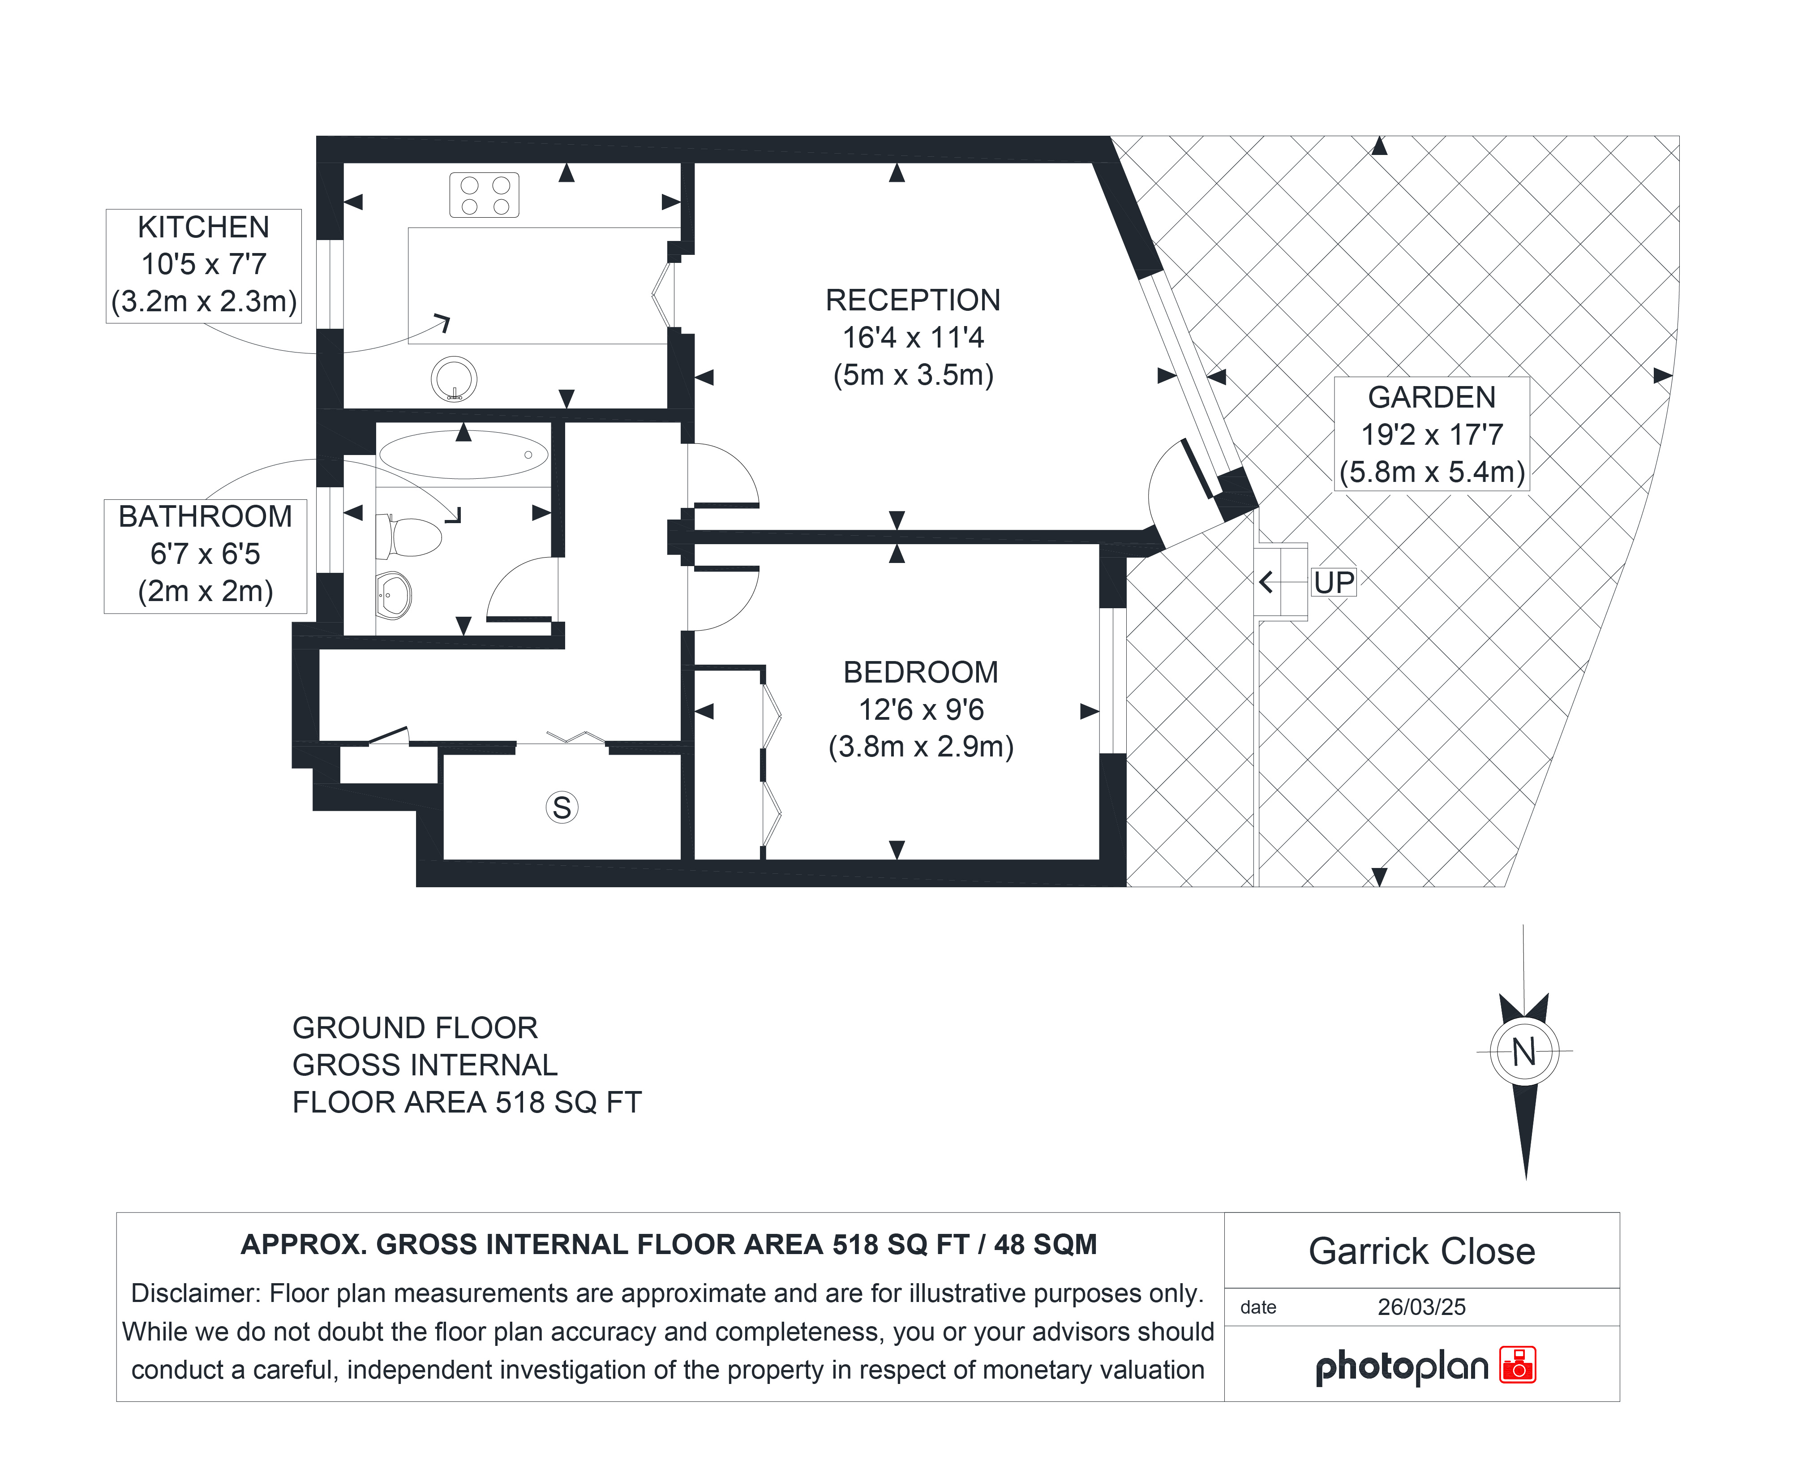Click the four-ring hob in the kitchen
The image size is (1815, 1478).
(x=485, y=195)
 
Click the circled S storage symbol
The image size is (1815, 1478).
(x=562, y=807)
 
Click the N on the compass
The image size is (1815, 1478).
(x=1524, y=1053)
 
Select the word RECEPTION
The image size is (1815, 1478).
(x=913, y=301)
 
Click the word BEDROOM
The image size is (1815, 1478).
(x=920, y=673)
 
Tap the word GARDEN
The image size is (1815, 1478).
(x=1431, y=398)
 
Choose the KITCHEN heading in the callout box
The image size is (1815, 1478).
(x=203, y=228)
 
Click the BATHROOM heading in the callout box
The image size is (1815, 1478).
(x=205, y=517)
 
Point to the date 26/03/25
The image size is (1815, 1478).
(x=1422, y=1307)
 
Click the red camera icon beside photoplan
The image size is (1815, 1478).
(x=1518, y=1365)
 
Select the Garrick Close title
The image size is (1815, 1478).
(x=1422, y=1251)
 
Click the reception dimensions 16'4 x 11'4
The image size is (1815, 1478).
(x=913, y=338)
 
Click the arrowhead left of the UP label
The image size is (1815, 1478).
(x=1266, y=582)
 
